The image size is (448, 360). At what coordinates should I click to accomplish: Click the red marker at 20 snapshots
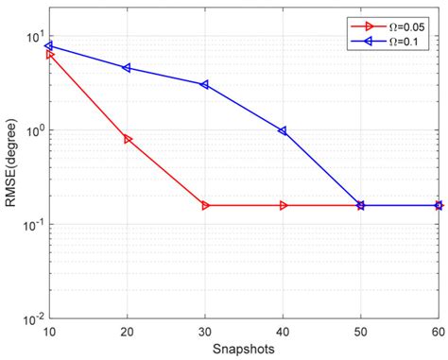point(128,139)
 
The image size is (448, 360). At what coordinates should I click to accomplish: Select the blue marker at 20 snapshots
point(128,68)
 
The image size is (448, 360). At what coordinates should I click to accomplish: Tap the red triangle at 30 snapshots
point(205,205)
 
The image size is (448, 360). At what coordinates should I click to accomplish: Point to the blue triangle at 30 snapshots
point(205,84)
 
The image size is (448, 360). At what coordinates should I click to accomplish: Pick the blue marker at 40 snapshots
point(283,130)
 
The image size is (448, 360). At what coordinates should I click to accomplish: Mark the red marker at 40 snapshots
point(283,205)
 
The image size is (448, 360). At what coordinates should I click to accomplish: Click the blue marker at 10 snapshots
point(49,45)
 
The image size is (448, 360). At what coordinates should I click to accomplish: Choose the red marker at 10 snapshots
point(49,55)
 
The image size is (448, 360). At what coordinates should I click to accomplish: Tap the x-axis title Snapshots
point(244,350)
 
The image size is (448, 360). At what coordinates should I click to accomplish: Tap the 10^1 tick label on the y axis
point(34,38)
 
